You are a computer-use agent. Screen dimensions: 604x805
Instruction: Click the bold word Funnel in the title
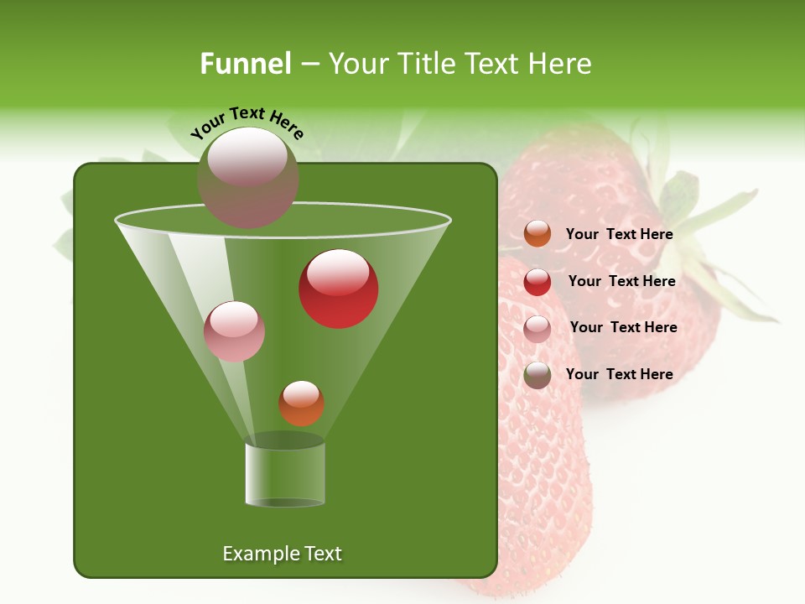(x=246, y=64)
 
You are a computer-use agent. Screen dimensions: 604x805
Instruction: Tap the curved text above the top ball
(x=247, y=123)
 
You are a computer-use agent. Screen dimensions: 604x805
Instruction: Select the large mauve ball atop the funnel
(x=248, y=177)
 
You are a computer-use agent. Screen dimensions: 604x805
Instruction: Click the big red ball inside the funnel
(x=339, y=289)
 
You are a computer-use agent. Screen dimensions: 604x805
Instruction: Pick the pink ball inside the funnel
(x=234, y=331)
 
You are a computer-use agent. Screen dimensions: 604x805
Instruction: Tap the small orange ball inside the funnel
(x=301, y=404)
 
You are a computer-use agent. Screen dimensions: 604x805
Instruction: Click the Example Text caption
(x=282, y=554)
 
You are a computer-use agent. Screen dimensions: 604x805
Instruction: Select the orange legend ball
(x=538, y=234)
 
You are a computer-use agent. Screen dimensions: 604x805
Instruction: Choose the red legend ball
(x=538, y=282)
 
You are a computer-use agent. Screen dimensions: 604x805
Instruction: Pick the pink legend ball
(x=538, y=329)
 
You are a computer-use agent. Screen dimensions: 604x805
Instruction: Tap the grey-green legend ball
(x=538, y=375)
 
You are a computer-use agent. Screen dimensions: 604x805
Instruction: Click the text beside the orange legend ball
(x=619, y=234)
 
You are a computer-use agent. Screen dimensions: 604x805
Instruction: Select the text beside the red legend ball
(x=621, y=281)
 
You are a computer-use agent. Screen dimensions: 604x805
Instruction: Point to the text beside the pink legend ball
(x=623, y=327)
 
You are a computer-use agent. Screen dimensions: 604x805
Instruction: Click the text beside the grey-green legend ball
(x=619, y=374)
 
